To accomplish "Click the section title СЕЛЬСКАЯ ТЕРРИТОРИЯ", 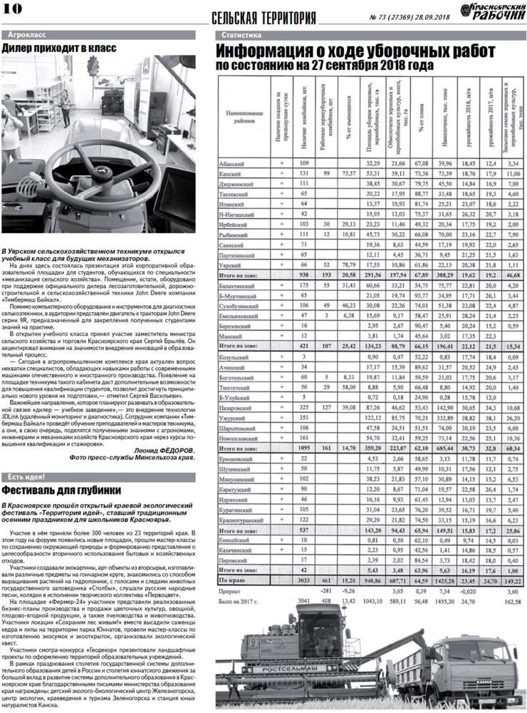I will pyautogui.click(x=264, y=17).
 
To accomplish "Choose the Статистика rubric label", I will pyautogui.click(x=241, y=35).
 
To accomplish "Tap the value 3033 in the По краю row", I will pyautogui.click(x=303, y=580).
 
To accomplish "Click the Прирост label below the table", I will pyautogui.click(x=230, y=591).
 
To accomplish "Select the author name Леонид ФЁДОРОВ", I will pyautogui.click(x=164, y=450).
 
